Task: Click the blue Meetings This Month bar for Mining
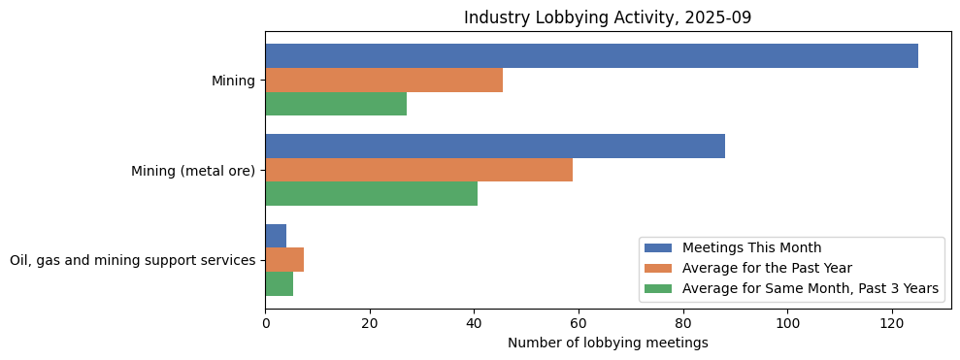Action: pos(591,56)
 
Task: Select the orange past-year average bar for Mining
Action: pos(383,81)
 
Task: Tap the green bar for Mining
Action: pos(336,104)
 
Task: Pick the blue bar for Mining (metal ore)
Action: pos(495,147)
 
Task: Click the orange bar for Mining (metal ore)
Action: pos(418,170)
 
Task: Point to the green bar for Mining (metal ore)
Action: pos(371,194)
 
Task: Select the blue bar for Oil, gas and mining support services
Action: pos(276,236)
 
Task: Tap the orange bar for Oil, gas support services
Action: pos(284,260)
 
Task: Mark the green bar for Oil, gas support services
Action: pos(280,283)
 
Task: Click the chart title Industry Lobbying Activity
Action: pos(608,17)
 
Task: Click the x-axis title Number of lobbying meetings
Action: pos(608,343)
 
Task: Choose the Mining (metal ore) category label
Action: pos(193,171)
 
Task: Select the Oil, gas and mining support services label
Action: pos(132,260)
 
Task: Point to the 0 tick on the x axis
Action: pos(265,323)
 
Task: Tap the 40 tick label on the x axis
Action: pos(474,323)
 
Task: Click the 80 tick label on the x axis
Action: pos(682,323)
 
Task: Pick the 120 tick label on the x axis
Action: pos(891,323)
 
